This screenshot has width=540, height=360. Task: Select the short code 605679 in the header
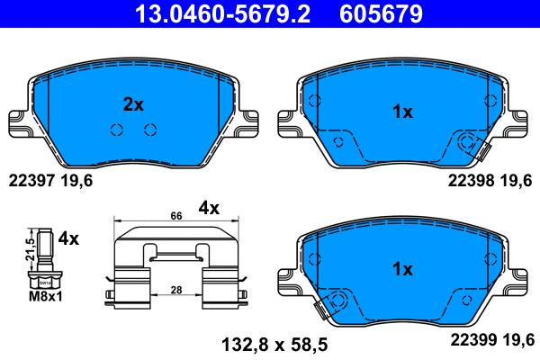click(x=379, y=13)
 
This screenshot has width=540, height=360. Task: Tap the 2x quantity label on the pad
click(x=133, y=104)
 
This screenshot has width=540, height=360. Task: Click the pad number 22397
click(x=31, y=180)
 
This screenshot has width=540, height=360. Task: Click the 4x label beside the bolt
click(x=69, y=239)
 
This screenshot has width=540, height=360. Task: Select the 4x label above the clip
click(x=209, y=208)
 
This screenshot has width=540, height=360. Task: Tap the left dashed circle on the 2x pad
click(x=116, y=130)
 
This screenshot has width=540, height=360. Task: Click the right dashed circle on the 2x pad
click(x=150, y=130)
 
